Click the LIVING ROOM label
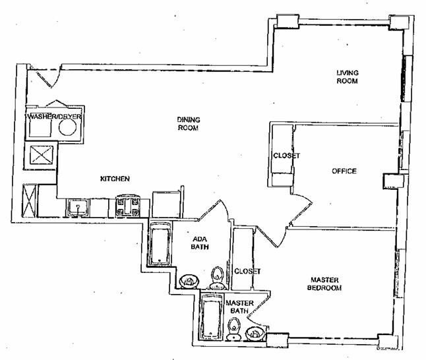click(348, 77)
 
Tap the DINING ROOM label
click(189, 123)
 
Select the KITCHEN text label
click(115, 179)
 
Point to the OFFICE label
click(344, 171)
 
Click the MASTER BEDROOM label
click(324, 284)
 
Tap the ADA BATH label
click(200, 243)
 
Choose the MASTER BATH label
click(239, 307)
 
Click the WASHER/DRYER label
click(53, 117)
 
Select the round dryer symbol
click(68, 127)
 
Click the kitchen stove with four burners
click(128, 206)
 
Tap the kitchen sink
click(78, 208)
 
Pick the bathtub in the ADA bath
click(160, 243)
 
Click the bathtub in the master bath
click(212, 317)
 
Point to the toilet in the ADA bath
click(217, 278)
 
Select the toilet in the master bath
click(234, 329)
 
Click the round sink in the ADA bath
click(189, 282)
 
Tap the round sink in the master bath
click(255, 333)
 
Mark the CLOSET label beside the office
click(287, 156)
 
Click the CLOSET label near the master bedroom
click(247, 272)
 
